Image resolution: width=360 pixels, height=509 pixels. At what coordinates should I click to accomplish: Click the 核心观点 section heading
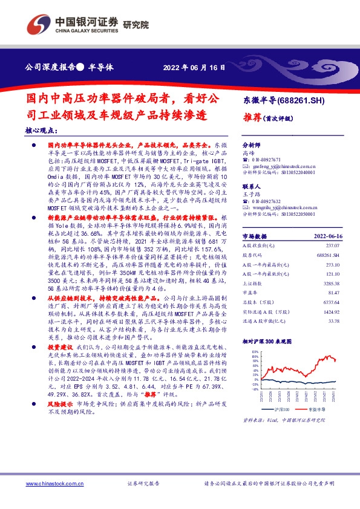click(42, 130)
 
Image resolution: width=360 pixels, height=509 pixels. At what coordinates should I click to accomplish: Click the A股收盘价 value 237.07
click(343, 245)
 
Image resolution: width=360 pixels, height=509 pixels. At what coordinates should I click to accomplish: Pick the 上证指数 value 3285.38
click(342, 282)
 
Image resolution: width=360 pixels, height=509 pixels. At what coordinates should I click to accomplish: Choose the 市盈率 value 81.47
click(344, 292)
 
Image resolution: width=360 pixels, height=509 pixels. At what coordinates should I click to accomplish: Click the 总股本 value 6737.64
click(342, 302)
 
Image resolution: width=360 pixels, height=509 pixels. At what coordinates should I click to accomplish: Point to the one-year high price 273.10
click(343, 264)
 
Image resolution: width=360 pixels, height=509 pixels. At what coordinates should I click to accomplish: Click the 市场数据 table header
click(255, 236)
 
